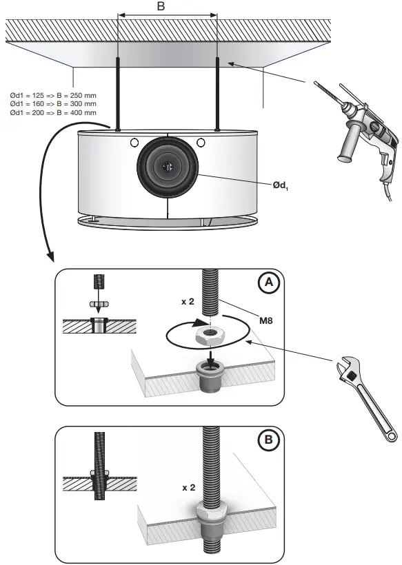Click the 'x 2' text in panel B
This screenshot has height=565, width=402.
coord(188,487)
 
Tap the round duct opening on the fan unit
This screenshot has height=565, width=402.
coord(166,167)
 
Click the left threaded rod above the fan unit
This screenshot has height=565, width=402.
coord(119,93)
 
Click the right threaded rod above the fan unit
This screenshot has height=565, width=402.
coord(217,93)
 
